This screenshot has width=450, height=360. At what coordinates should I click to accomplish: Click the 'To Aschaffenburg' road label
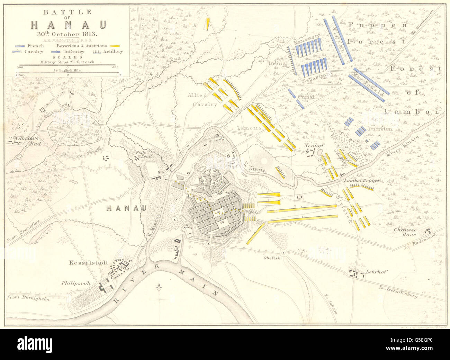point(398,291)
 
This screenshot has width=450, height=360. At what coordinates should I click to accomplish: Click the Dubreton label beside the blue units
point(380,129)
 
